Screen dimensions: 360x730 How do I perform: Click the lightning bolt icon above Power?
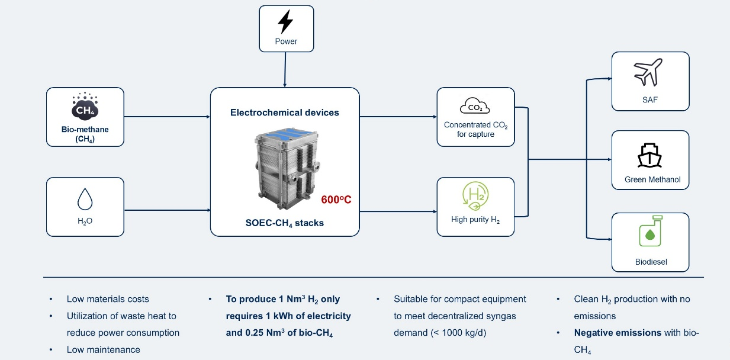[x=285, y=22]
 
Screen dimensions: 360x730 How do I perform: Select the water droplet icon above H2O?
[x=85, y=200]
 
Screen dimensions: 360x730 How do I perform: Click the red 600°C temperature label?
[x=336, y=200]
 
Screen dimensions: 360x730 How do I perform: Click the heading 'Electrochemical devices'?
[x=285, y=112]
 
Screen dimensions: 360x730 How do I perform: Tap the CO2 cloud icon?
[x=475, y=107]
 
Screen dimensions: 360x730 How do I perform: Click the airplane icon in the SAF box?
[x=649, y=73]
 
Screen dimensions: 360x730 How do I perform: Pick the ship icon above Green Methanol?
[x=649, y=156]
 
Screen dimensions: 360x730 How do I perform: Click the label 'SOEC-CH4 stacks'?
[x=284, y=223]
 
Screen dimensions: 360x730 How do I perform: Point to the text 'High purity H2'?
[x=475, y=220]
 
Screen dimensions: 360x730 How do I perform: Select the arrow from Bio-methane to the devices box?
[x=167, y=117]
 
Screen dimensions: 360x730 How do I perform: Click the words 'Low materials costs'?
[x=108, y=299]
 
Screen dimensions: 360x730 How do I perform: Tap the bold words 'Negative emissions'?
[x=618, y=333]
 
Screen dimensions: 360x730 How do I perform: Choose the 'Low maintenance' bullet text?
[x=104, y=349]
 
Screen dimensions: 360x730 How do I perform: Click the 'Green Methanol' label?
[x=649, y=179]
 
